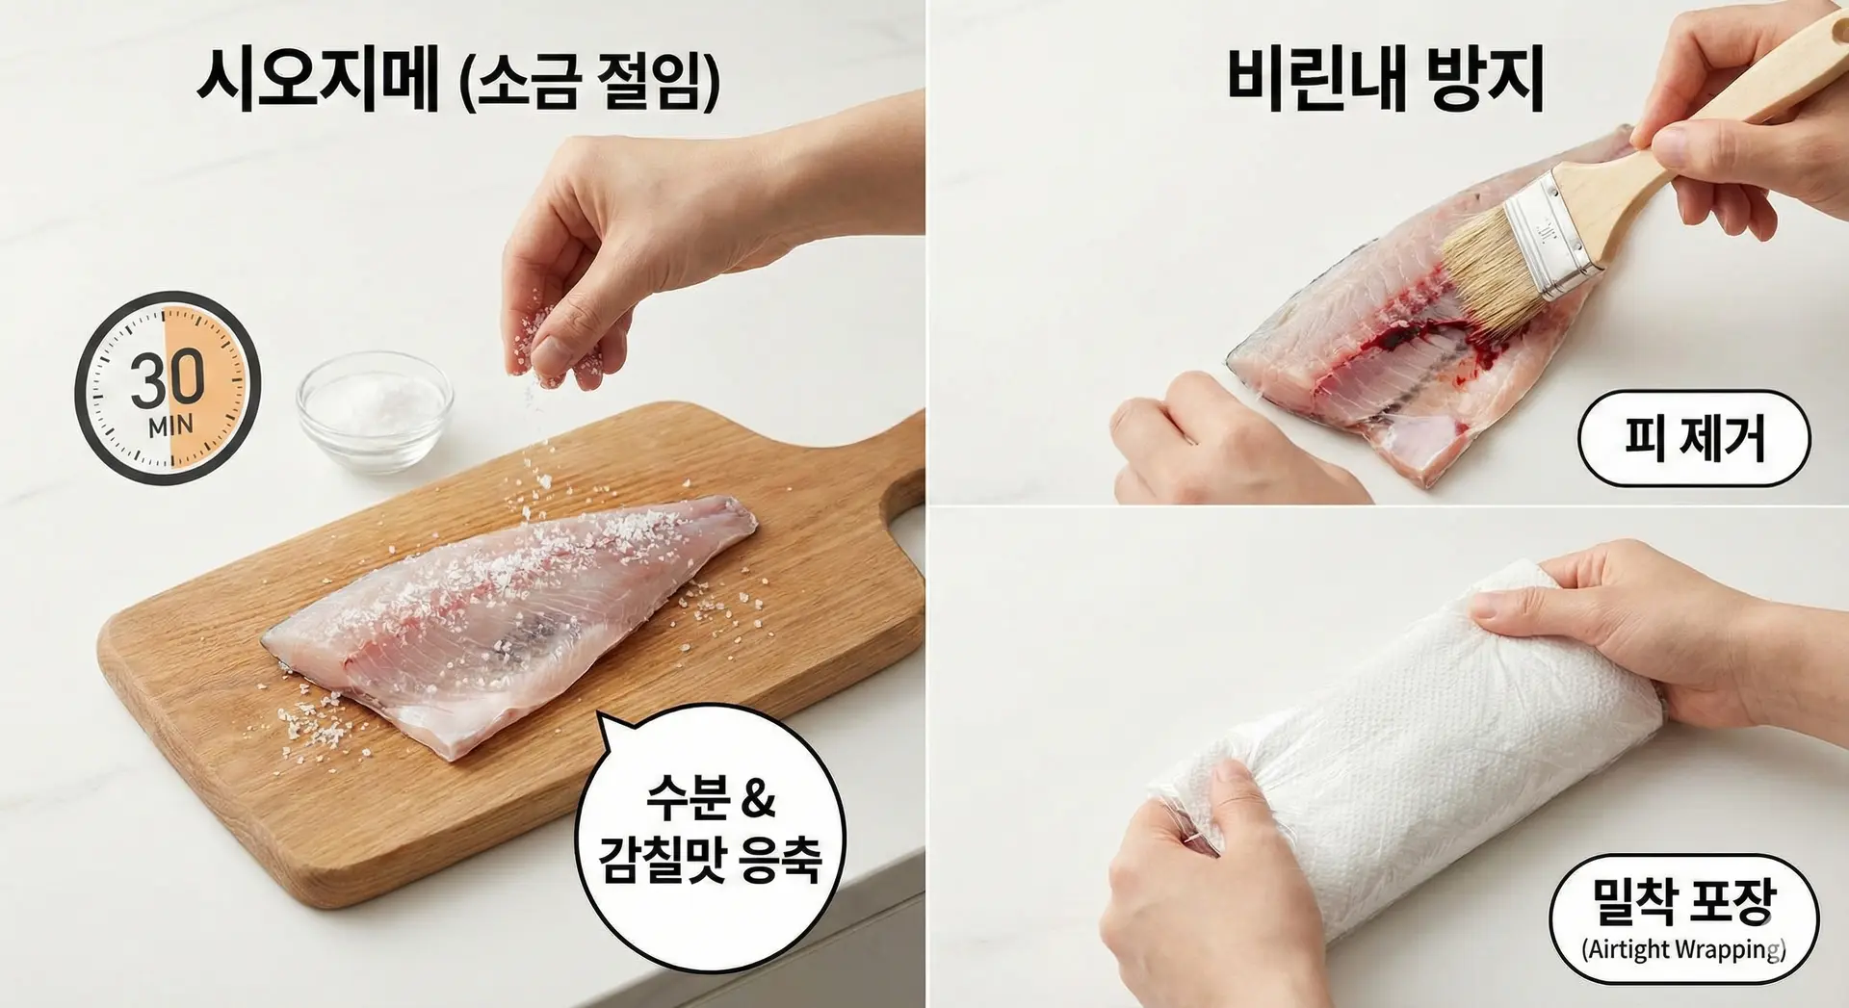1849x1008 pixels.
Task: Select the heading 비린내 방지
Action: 1385,77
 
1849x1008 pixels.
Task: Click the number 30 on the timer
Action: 168,379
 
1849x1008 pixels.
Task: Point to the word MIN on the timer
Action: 170,426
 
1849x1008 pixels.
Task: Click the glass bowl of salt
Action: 374,411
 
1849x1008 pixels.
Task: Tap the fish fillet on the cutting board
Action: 510,621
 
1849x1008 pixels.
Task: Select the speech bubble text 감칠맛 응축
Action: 710,859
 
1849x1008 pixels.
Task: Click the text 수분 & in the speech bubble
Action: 710,796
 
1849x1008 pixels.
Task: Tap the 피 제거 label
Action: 1694,438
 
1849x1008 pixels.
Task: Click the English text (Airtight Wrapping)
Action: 1683,949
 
